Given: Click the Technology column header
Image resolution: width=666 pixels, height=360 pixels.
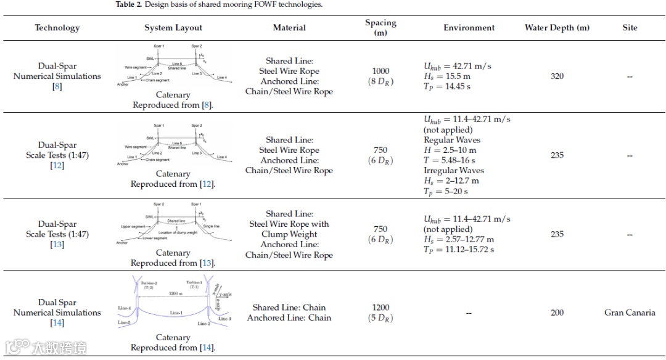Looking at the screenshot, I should pos(57,28).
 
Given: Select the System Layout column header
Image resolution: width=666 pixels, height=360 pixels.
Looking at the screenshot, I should pos(173,28).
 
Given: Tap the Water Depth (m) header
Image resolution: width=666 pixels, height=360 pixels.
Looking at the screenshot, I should pos(557,28).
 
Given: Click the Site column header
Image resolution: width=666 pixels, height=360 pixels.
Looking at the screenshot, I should pos(630,28).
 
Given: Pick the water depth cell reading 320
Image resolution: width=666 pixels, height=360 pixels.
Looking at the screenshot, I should pos(557,76).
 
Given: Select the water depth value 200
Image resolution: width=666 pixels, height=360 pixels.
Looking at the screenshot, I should pos(557,313).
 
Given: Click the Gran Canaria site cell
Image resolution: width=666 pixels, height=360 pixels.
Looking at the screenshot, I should pos(630,313).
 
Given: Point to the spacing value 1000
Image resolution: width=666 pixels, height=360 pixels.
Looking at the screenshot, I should pos(380,72).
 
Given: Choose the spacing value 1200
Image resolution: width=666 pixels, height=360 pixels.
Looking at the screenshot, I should pos(380,308).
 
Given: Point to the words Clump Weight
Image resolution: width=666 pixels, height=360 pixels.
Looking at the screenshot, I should pos(289,234).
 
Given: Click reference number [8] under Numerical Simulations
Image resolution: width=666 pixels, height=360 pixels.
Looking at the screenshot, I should pos(57,87).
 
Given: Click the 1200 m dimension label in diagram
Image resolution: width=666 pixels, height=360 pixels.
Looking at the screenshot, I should pos(176,294).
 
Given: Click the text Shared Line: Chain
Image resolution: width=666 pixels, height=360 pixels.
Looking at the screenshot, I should pos(289,308).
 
